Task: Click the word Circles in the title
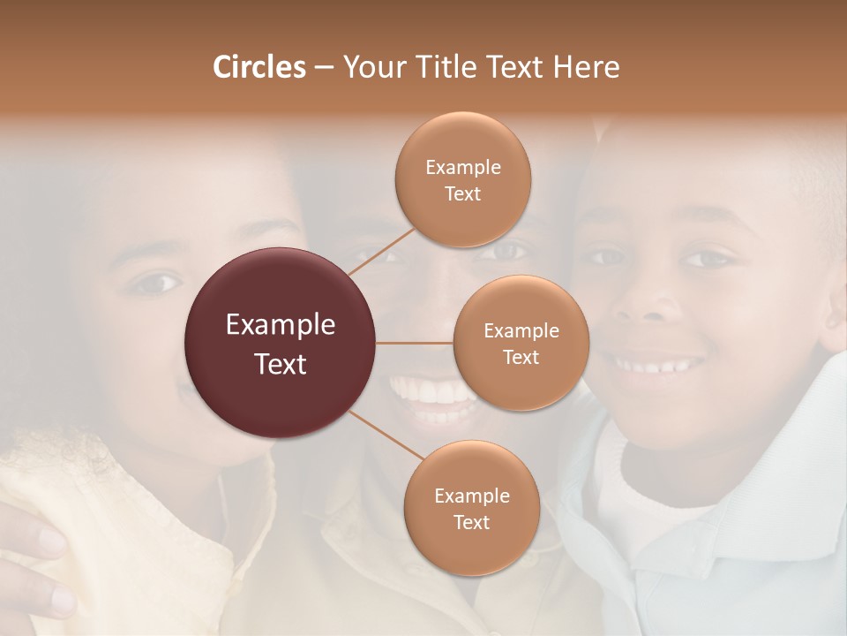[x=259, y=67]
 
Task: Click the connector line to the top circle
[x=381, y=250]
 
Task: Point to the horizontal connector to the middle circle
[x=415, y=343]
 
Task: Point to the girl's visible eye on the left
[x=154, y=284]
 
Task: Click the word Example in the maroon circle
[x=281, y=325]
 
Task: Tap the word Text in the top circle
[x=463, y=194]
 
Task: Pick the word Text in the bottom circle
[x=471, y=523]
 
